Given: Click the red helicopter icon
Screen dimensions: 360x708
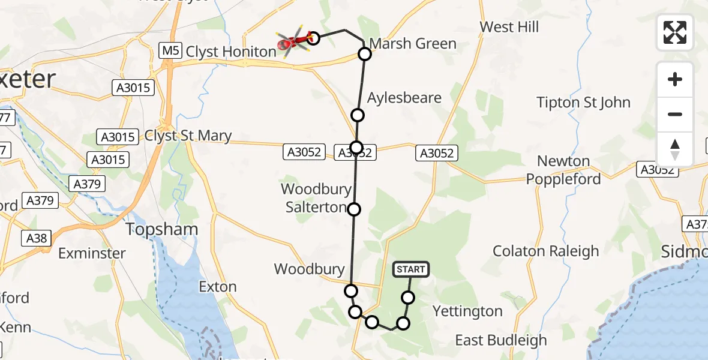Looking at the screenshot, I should coord(293,41).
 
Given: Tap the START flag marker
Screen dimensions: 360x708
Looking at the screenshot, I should coord(411,269).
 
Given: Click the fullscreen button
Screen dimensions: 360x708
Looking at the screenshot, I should coord(675,32).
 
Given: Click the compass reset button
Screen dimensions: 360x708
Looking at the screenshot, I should coord(675,149).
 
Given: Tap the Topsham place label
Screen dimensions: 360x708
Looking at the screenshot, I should coord(161,229).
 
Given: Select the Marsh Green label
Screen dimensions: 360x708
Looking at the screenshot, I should coord(413,44).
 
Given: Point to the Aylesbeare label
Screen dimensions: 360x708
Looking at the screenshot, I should coord(404,98).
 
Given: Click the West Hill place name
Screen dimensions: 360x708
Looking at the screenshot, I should coord(509,27).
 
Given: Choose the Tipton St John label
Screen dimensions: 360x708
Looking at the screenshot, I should coord(584,103).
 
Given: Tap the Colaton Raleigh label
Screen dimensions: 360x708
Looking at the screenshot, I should coord(546,251).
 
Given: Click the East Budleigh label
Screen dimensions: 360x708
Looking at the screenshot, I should coord(501,341).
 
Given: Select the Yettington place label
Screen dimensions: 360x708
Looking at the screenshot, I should coord(467,311).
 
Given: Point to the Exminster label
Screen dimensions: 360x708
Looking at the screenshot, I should coord(92,253).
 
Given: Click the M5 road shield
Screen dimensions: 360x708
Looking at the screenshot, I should coord(170,51).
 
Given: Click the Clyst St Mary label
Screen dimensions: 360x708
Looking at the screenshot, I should coord(188,136).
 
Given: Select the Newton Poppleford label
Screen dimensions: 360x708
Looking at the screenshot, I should coord(569,170).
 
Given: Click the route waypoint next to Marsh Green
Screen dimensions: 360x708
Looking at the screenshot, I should coord(365,54).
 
